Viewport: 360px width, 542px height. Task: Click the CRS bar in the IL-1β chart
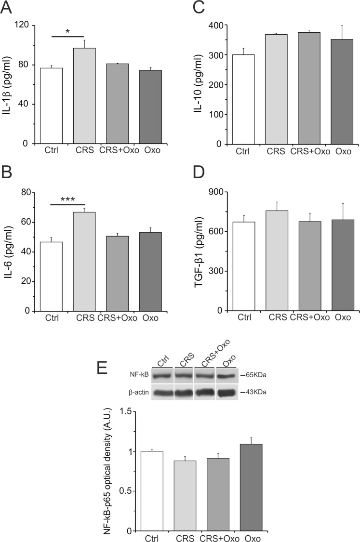click(x=84, y=96)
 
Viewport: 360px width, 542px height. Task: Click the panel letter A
click(x=8, y=8)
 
